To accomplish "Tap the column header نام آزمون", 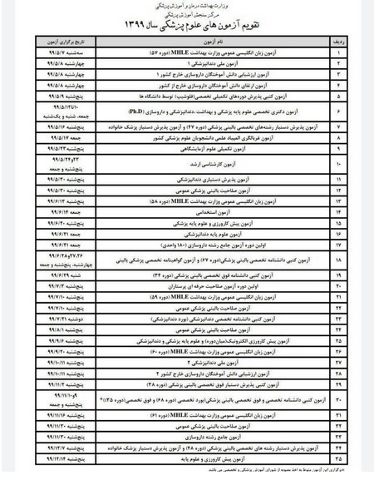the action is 199,39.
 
